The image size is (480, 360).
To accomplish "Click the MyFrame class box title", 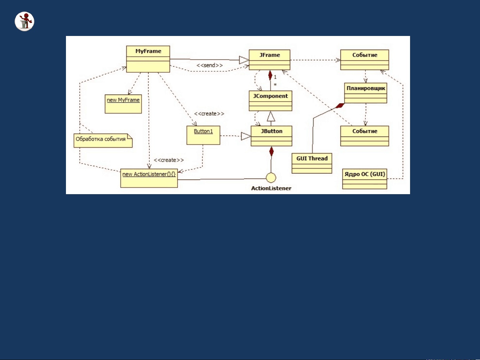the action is (148, 51).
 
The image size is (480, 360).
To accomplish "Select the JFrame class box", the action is (269, 60).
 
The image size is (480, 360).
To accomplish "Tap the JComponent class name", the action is (270, 96).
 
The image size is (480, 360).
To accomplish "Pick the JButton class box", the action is (271, 136).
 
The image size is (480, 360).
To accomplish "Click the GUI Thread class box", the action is (312, 163).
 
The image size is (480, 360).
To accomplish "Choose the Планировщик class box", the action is (366, 93).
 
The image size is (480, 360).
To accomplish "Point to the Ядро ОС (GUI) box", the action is (364, 179).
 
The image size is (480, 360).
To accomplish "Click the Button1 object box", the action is (204, 135).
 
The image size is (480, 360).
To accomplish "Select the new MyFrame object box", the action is (123, 104).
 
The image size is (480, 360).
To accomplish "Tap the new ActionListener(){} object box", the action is (149, 178).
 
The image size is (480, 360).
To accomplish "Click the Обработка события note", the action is (103, 141).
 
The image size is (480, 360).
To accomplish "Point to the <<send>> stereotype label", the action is (210, 65).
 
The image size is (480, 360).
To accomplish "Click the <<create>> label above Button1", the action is (209, 114).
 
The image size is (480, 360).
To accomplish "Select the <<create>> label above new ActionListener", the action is (169, 160).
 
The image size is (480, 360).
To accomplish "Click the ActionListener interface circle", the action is (271, 178).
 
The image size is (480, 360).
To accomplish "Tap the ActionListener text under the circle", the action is (271, 188).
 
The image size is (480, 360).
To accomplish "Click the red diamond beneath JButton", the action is (271, 151).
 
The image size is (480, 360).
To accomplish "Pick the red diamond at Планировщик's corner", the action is (340, 106).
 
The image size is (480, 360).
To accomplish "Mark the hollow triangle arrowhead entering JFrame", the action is (244, 60).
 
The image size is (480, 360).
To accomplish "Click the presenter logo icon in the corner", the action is (25, 21).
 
